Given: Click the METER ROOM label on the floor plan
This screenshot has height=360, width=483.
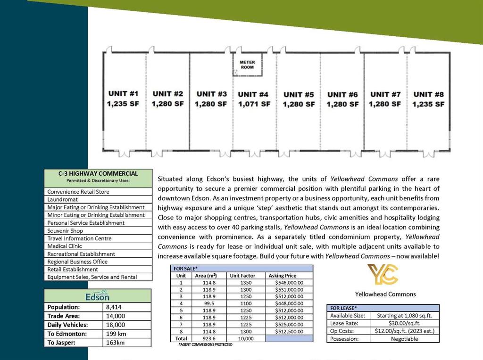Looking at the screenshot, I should click(x=247, y=65).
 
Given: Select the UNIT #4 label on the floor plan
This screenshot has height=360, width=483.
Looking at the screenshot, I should click(x=253, y=94).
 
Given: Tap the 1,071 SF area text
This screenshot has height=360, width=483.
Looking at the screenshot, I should click(x=254, y=104).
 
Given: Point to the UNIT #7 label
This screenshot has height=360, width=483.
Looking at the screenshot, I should click(x=385, y=94).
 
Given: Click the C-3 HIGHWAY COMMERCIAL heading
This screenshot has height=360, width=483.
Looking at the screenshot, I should click(x=98, y=173).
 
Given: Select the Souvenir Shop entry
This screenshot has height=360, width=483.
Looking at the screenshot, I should click(x=65, y=230).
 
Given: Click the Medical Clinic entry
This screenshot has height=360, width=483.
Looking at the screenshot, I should click(x=65, y=246).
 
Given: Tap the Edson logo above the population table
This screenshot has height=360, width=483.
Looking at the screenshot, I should click(x=98, y=295).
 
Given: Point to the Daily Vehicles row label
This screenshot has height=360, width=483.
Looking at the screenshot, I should click(x=67, y=325).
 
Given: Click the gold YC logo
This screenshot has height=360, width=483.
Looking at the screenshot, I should click(x=383, y=275).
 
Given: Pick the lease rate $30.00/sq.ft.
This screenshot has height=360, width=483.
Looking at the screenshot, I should click(x=404, y=323).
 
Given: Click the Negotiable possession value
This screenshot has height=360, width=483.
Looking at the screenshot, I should click(x=404, y=339).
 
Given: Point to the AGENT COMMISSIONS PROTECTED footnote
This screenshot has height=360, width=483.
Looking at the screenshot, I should click(x=205, y=344).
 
